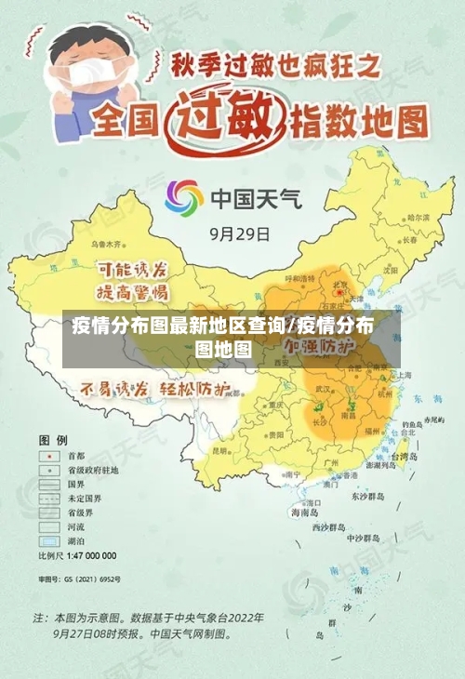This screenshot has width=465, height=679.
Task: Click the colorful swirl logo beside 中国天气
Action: click(184, 198)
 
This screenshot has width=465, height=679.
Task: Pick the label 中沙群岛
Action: click(363, 539)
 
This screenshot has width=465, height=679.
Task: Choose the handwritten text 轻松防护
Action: click(196, 389)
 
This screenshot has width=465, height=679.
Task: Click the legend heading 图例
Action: click(52, 439)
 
